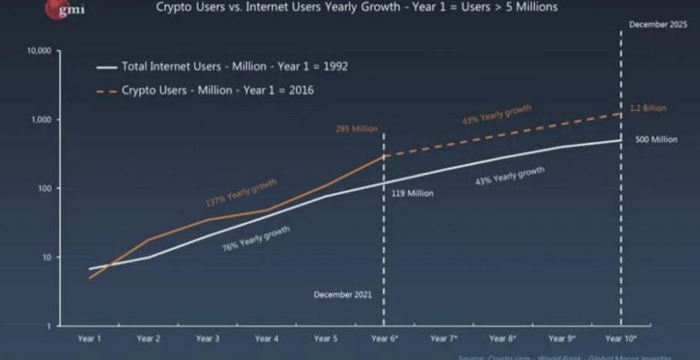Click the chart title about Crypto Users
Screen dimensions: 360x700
357,8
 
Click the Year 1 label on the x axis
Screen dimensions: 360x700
89,338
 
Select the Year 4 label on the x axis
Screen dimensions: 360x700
267,338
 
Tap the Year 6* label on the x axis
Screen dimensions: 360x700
385,338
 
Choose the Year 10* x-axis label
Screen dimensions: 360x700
621,338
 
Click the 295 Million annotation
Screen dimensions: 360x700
356,129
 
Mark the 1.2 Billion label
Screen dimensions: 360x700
648,109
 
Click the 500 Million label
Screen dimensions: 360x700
656,140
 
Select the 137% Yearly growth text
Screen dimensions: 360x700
241,193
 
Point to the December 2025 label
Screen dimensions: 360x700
657,25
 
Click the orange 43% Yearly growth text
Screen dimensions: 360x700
496,116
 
